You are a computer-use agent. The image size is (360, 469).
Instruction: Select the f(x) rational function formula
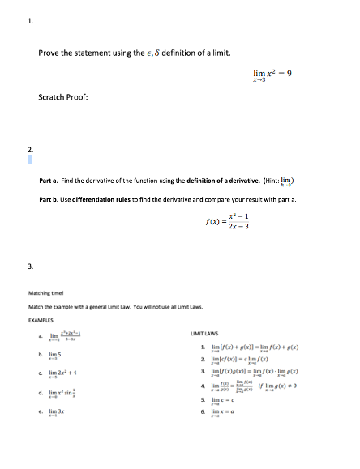(229, 222)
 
